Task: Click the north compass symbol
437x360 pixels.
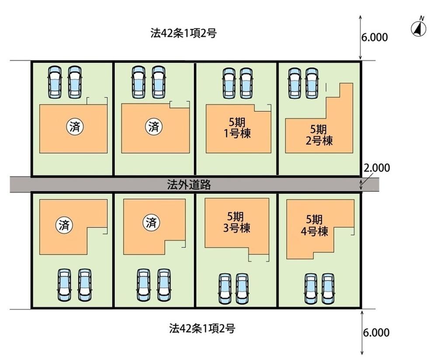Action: pyautogui.click(x=419, y=28)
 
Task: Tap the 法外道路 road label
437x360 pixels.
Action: pyautogui.click(x=189, y=185)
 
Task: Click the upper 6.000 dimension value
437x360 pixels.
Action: pyautogui.click(x=374, y=38)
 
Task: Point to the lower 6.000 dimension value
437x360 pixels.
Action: pyautogui.click(x=375, y=333)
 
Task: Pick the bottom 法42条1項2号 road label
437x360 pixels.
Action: pyautogui.click(x=202, y=328)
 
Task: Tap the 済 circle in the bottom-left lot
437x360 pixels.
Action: pyautogui.click(x=64, y=225)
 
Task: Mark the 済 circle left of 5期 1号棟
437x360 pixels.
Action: pyautogui.click(x=153, y=127)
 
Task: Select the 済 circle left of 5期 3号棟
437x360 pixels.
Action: pyautogui.click(x=151, y=223)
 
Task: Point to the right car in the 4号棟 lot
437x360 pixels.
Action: pyautogui.click(x=329, y=289)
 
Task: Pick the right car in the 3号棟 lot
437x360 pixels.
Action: pyautogui.click(x=243, y=289)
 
